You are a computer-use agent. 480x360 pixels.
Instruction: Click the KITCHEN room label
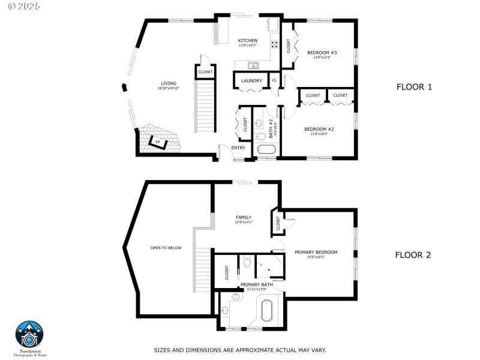[247, 41]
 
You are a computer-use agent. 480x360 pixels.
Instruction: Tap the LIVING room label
[168, 83]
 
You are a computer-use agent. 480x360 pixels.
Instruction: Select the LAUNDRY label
[251, 80]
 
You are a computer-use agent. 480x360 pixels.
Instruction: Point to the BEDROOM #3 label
[322, 53]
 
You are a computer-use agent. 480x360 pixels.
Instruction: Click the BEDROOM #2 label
[319, 129]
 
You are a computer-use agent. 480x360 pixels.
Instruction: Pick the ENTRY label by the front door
[238, 148]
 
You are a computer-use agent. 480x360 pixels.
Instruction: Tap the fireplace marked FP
[158, 142]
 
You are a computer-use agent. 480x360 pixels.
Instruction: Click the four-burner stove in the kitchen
[275, 43]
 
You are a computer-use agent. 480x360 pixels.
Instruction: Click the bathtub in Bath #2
[265, 150]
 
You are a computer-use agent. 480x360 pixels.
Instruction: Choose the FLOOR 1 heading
[414, 87]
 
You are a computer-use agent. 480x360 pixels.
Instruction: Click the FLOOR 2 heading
[413, 254]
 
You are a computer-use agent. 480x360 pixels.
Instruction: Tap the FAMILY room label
[243, 217]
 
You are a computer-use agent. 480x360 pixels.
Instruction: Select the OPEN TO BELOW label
[166, 248]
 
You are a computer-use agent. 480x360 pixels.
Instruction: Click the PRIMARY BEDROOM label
[316, 252]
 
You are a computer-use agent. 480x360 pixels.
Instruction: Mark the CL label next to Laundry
[274, 80]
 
